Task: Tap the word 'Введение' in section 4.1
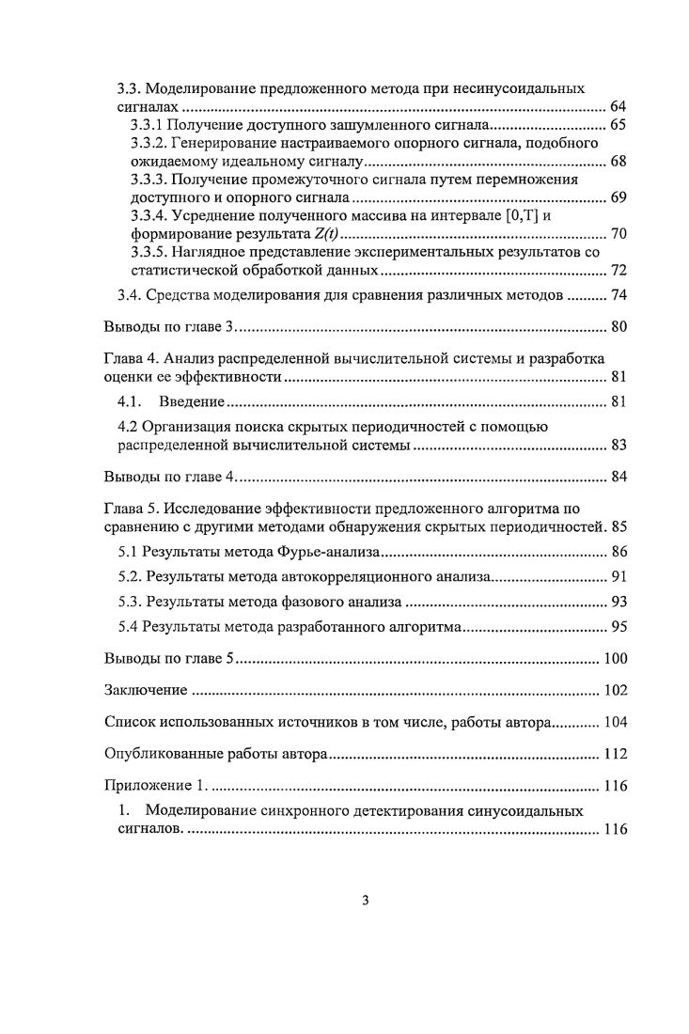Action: (191, 402)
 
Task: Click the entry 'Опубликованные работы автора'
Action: (214, 754)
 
